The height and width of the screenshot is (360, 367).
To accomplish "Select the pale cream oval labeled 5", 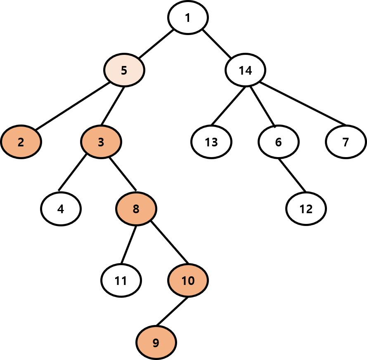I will [x=124, y=70].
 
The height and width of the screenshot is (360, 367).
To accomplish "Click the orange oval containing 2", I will [x=21, y=142].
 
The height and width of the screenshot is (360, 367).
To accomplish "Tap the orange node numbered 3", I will [x=101, y=142].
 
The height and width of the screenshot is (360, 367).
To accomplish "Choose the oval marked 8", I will [x=136, y=209].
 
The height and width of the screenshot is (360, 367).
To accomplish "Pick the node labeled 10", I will [x=188, y=280].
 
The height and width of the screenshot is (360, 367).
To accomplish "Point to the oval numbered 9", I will [x=156, y=342].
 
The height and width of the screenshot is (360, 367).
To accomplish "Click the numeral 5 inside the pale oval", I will [x=124, y=71].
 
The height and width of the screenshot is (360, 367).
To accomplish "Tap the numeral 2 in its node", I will [x=21, y=142].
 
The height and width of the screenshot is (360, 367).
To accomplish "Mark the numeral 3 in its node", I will [x=101, y=142].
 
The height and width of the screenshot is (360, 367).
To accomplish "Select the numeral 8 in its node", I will [x=136, y=209].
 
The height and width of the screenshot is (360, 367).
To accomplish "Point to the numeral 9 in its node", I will [x=156, y=343].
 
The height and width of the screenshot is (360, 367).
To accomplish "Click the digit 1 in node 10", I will [x=184, y=281].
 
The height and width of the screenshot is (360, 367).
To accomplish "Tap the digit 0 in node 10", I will [x=191, y=281].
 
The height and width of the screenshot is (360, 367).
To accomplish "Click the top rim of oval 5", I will [x=124, y=56].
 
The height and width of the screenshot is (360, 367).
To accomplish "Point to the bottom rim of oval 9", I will [x=156, y=357].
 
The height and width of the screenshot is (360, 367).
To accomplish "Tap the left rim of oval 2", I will [x=3, y=142].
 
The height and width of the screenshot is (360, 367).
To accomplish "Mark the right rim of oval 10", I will [x=206, y=280].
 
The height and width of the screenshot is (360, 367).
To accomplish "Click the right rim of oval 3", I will [x=119, y=142].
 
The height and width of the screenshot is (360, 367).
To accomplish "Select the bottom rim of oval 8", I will [x=136, y=224].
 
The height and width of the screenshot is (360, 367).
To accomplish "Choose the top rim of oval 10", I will [x=188, y=266].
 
